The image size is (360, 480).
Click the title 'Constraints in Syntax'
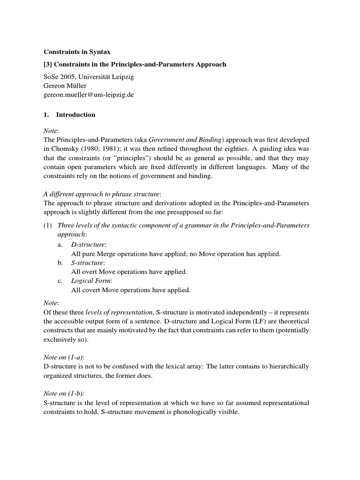pos(77,52)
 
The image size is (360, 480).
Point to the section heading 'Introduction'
pos(75,114)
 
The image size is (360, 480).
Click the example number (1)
pos(48,225)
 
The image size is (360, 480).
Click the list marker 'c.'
pos(60,280)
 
